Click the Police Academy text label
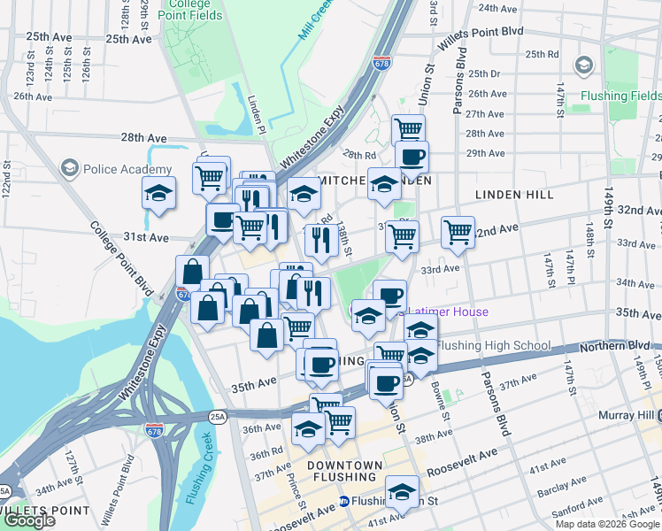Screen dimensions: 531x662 pyautogui.click(x=127, y=170)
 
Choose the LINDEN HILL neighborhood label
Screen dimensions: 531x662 pyautogui.click(x=514, y=195)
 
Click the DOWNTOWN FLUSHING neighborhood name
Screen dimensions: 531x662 pyautogui.click(x=345, y=472)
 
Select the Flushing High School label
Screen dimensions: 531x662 pyautogui.click(x=494, y=346)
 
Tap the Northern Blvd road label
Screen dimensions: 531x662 pyautogui.click(x=625, y=346)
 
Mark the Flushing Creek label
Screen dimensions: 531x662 pyautogui.click(x=196, y=471)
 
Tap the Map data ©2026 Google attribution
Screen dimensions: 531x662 pyautogui.click(x=606, y=524)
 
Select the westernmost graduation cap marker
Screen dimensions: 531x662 pyautogui.click(x=158, y=194)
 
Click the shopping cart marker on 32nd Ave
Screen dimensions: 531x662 pyautogui.click(x=458, y=234)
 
